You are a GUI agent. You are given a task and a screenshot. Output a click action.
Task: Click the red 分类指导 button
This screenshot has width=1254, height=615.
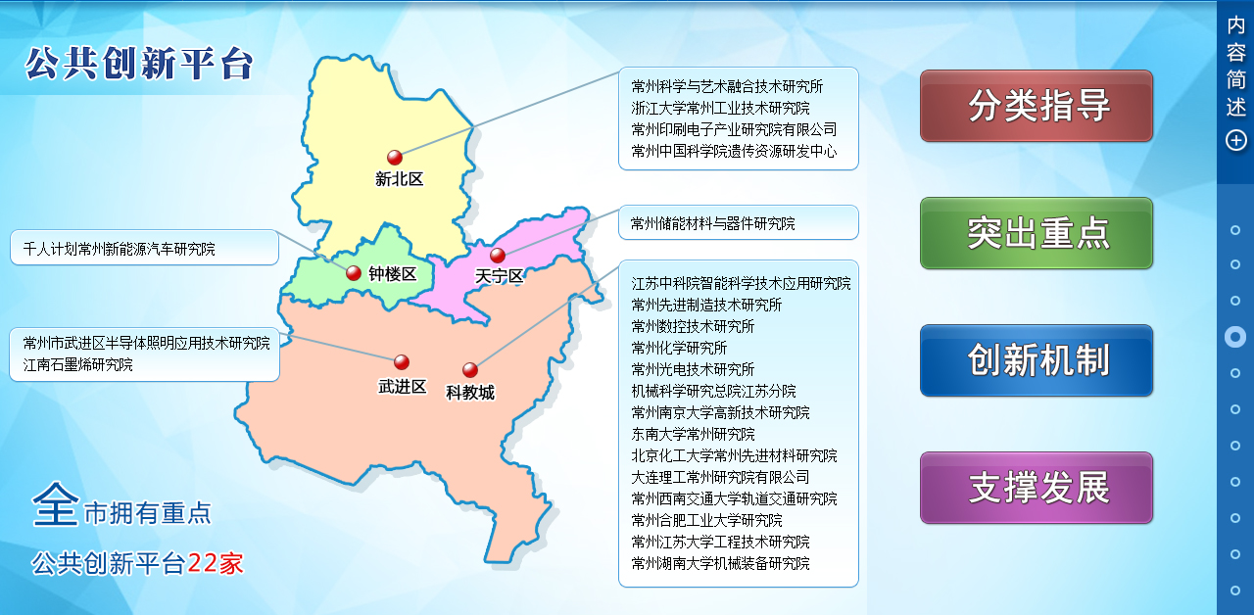pos(1037,106)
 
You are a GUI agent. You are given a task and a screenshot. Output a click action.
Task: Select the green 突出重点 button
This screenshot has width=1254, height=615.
pos(1037,233)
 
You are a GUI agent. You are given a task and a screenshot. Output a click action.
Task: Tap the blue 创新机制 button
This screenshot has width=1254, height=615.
pos(1037,360)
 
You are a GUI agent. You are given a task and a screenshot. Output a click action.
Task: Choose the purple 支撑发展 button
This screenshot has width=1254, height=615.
pos(1037,488)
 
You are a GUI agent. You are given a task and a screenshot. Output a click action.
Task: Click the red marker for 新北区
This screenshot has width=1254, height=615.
pos(395,158)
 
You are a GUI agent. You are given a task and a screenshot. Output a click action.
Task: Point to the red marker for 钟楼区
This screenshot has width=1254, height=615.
pos(354,273)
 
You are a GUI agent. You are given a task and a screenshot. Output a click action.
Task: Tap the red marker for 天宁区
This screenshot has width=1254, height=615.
pos(498,256)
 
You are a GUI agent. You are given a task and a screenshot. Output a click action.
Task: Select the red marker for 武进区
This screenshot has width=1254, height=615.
pos(402,362)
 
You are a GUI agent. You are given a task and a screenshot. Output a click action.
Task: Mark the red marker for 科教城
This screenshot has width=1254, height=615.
pos(470,370)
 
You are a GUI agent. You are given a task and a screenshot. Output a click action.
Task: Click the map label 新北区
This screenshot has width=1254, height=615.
pos(399,179)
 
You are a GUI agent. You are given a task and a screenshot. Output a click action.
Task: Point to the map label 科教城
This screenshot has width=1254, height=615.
pos(470,393)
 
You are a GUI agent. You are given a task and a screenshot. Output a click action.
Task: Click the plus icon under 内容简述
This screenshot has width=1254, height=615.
pos(1236,140)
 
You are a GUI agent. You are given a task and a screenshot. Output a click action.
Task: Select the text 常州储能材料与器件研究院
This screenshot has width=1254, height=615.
pos(712,224)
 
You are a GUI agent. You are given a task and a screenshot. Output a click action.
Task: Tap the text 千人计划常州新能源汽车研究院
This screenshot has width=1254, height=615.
pos(119,249)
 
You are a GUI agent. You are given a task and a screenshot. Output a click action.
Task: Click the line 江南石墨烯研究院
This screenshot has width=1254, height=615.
pos(77,365)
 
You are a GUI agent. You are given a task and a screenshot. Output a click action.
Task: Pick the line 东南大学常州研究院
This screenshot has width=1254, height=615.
pos(693,434)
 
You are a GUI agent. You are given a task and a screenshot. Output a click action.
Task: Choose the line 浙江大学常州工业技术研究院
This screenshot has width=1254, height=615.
pos(720,108)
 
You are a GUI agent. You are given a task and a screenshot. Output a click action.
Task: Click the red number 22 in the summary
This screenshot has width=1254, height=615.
pos(203,563)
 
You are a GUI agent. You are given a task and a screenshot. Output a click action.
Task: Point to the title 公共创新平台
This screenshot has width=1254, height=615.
pos(139,64)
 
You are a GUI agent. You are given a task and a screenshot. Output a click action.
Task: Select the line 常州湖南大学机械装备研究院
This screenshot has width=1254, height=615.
pos(720,563)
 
